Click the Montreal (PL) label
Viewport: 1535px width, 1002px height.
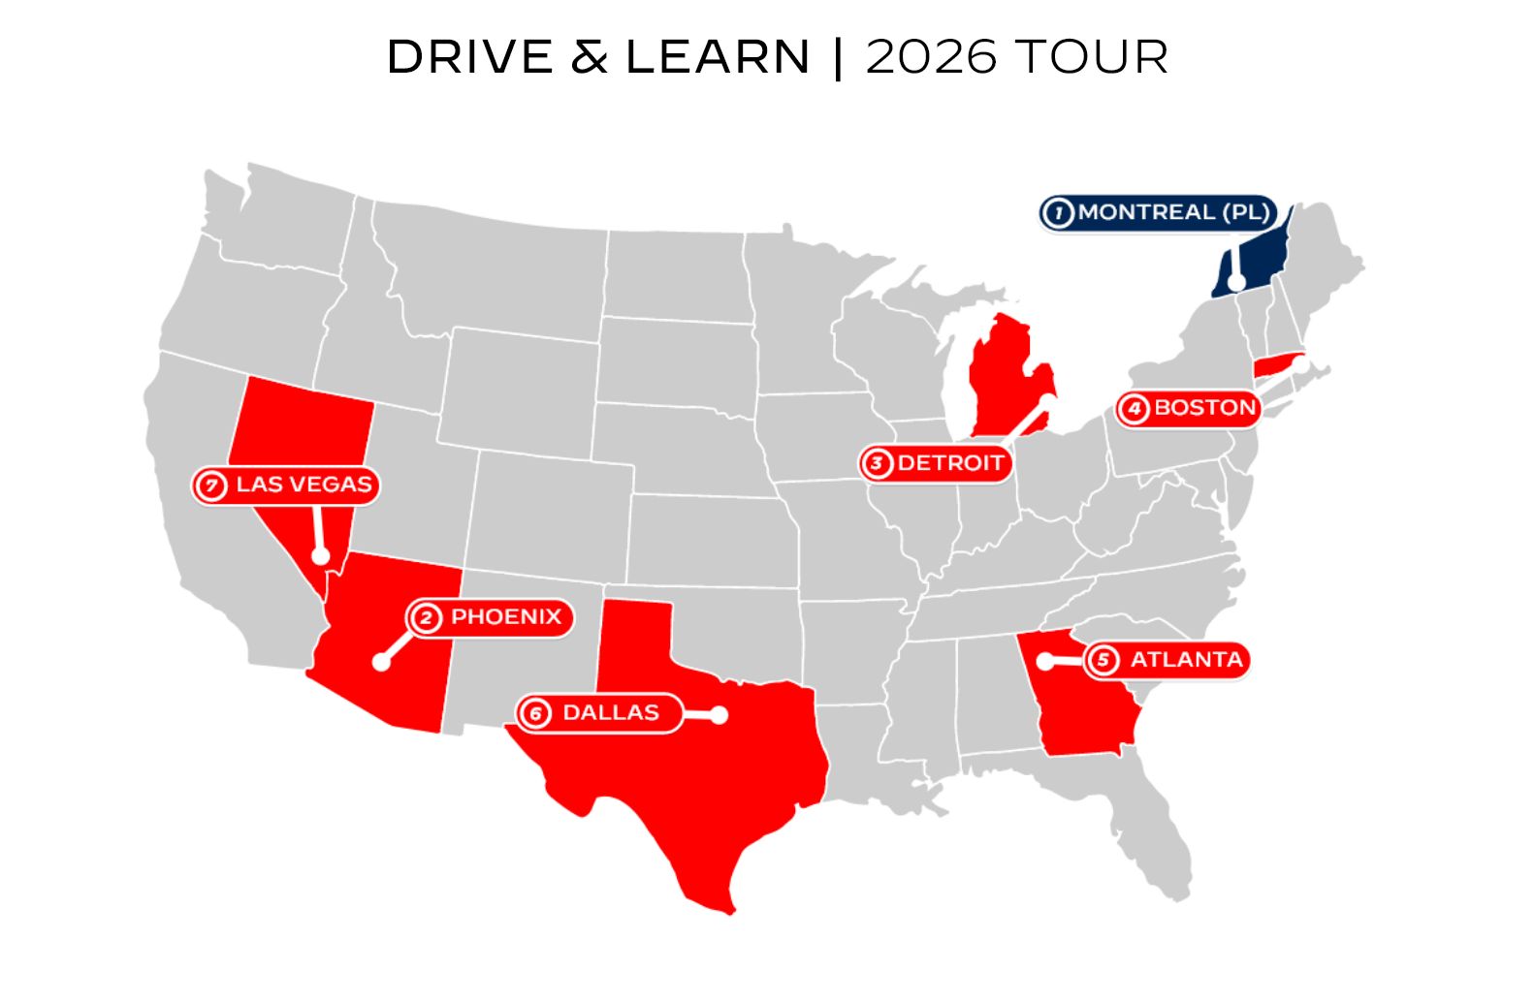point(1173,212)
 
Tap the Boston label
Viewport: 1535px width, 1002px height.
point(1204,408)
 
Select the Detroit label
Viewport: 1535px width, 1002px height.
point(949,463)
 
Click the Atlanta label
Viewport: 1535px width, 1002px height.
point(1185,660)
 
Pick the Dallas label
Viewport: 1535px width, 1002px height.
point(610,713)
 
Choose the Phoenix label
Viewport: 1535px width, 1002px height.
point(505,617)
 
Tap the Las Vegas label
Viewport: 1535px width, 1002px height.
point(304,485)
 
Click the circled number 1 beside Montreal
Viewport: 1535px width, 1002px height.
point(1059,212)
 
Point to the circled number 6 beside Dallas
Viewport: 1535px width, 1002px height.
point(535,714)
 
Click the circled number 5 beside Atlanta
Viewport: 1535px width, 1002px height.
point(1103,660)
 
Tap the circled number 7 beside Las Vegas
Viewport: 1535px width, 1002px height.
point(210,485)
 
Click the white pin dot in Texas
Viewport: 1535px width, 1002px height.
point(719,715)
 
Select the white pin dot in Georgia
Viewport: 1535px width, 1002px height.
point(1044,661)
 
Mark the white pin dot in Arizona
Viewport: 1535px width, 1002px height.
point(381,663)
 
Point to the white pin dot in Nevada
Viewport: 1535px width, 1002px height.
point(320,556)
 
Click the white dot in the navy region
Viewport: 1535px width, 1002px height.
point(1236,283)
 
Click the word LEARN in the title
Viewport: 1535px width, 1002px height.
point(718,57)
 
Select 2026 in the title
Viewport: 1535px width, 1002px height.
point(931,57)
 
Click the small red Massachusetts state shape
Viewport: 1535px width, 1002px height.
point(1274,366)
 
